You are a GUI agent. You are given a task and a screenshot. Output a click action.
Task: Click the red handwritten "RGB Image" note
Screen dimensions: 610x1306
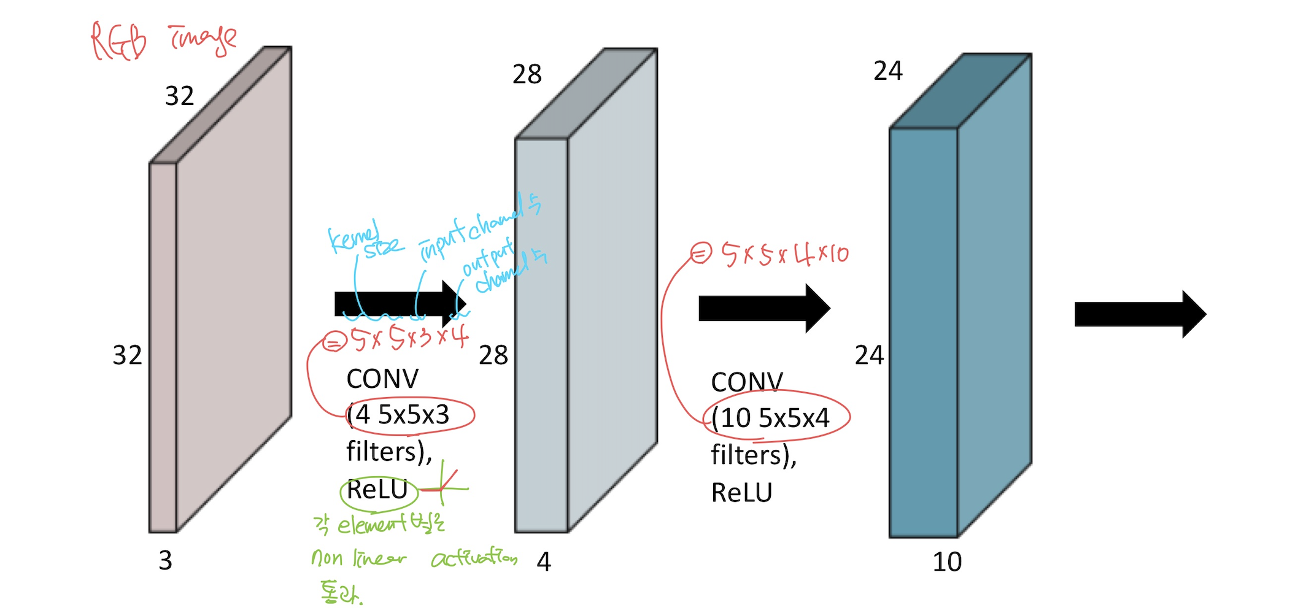[x=163, y=41]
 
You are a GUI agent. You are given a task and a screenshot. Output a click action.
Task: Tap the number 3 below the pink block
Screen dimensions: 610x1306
[x=165, y=560]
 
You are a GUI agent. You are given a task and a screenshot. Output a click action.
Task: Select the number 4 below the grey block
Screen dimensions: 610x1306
[x=544, y=562]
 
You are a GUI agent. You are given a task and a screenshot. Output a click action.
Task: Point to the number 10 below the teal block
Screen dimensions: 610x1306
[x=947, y=562]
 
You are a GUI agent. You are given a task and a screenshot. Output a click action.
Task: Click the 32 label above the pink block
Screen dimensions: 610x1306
[x=179, y=96]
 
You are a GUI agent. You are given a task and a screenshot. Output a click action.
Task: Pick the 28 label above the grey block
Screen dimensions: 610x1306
[x=527, y=74]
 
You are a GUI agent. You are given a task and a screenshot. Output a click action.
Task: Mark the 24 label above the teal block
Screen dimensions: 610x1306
[x=888, y=71]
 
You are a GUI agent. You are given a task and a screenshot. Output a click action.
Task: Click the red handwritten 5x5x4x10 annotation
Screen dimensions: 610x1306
[x=784, y=254]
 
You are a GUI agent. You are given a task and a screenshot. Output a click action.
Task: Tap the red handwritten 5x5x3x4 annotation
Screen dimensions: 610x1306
[x=408, y=338]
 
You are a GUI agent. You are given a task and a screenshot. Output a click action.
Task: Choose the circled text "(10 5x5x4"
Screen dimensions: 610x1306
[x=771, y=418]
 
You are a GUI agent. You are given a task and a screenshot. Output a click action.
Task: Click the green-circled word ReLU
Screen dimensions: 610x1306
[x=377, y=490]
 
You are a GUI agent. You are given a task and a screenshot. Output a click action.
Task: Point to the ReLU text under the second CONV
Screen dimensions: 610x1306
[x=741, y=492]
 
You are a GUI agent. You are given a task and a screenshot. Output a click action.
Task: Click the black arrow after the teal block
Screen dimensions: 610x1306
[x=1140, y=314]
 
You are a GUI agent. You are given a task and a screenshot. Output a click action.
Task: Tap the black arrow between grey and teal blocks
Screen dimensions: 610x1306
[x=763, y=308]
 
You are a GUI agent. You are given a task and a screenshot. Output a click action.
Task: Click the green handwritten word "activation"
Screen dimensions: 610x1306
[x=474, y=558]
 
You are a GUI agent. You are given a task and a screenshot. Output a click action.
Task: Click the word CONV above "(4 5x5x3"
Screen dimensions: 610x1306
[x=382, y=379]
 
